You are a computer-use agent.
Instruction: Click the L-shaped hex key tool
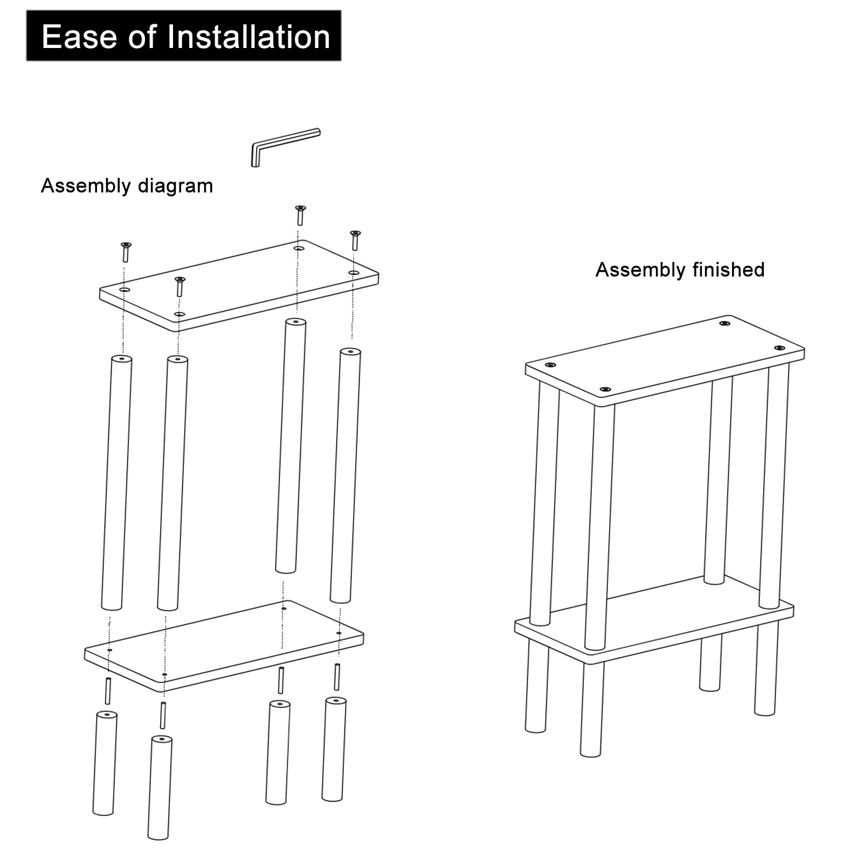pyautogui.click(x=286, y=147)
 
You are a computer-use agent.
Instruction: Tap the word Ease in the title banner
pyautogui.click(x=79, y=37)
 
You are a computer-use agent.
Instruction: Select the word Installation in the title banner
pyautogui.click(x=248, y=37)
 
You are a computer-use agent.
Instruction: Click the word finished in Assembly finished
pyautogui.click(x=728, y=270)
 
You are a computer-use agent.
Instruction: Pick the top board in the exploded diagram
pyautogui.click(x=239, y=285)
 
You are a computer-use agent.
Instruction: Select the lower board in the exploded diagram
pyautogui.click(x=224, y=646)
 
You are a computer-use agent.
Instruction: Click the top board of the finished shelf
pyautogui.click(x=665, y=360)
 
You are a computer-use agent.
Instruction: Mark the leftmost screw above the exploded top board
pyautogui.click(x=126, y=252)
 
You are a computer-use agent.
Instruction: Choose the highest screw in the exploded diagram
pyautogui.click(x=300, y=215)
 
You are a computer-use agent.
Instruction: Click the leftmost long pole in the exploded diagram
pyautogui.click(x=116, y=482)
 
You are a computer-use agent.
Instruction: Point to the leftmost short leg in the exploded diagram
pyautogui.click(x=105, y=763)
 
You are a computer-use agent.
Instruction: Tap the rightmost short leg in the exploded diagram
pyautogui.click(x=334, y=749)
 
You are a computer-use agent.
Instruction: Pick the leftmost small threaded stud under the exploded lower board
pyautogui.click(x=108, y=691)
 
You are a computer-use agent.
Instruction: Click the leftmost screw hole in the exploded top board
pyautogui.click(x=125, y=290)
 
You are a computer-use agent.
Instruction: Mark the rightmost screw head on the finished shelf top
pyautogui.click(x=779, y=348)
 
